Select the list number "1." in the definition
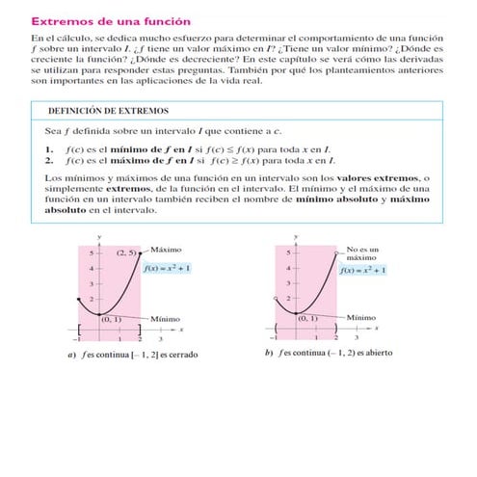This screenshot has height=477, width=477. tap(49, 149)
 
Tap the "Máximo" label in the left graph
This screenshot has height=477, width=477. tap(167, 249)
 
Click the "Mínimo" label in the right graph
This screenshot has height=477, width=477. tap(360, 317)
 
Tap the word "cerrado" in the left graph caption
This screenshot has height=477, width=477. tap(180, 354)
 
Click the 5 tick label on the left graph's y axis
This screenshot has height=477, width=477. tap(92, 252)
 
